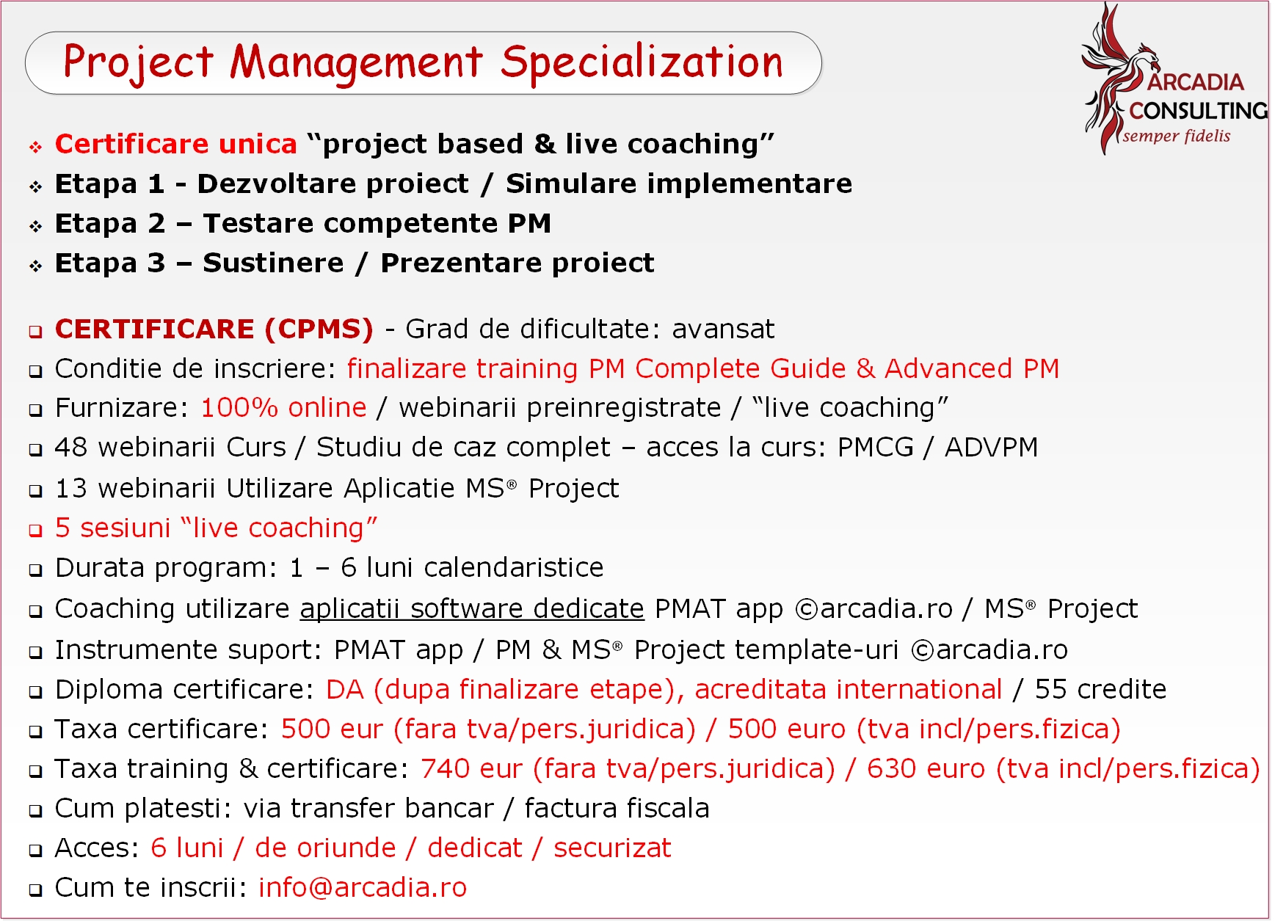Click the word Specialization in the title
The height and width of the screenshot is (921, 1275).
(x=642, y=62)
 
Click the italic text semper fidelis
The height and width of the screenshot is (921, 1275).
(x=1177, y=136)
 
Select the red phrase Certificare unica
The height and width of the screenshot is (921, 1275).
(x=176, y=144)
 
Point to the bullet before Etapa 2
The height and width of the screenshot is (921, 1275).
(x=35, y=227)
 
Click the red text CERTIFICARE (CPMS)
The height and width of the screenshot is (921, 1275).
(x=214, y=330)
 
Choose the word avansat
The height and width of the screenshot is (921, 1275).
(x=723, y=330)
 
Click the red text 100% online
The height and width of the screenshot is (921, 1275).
(x=283, y=407)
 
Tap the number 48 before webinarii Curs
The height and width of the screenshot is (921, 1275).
(x=71, y=447)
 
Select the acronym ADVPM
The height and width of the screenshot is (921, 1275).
(x=991, y=447)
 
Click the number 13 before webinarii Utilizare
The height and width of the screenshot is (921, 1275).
(x=71, y=488)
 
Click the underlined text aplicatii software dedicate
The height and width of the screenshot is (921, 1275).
(x=472, y=609)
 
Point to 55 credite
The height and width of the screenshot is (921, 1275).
(x=1100, y=689)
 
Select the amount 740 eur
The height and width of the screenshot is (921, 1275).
(x=472, y=768)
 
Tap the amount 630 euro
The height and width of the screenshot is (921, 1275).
(x=926, y=768)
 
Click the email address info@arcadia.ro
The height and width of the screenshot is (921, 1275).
(x=363, y=888)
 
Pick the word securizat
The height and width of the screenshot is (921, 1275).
(x=612, y=848)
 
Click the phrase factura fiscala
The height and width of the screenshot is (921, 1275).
(x=617, y=808)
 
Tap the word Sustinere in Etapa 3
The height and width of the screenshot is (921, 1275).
(x=273, y=263)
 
